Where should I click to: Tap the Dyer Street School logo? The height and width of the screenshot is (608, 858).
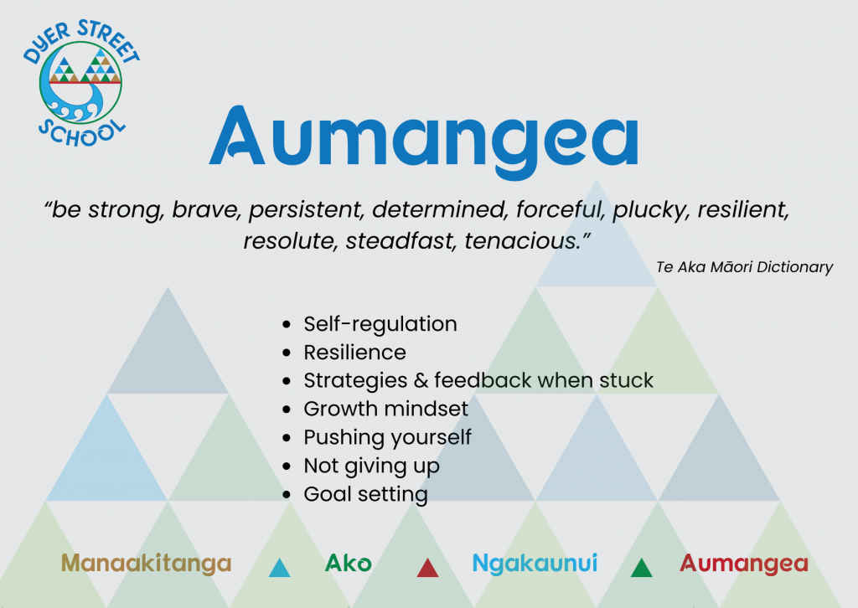pos(81,83)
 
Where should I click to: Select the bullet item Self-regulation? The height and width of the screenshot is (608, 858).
pos(380,324)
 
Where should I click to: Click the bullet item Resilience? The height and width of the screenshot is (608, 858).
pos(354,352)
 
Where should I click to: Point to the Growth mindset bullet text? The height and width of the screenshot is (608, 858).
pos(385,409)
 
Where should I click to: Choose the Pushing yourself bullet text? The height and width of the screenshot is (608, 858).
pos(387,437)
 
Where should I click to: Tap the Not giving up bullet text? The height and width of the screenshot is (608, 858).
pos(371,466)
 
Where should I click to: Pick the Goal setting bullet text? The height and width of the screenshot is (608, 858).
pos(365,494)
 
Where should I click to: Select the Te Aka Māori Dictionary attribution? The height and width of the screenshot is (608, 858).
pos(744,267)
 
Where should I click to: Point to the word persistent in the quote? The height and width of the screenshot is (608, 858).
pos(307,210)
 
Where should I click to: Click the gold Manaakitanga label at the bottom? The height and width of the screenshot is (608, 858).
pos(146,563)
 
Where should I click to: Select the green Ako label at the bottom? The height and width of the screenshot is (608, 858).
pos(348,563)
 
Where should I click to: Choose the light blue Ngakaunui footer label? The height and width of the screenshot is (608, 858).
pos(535,564)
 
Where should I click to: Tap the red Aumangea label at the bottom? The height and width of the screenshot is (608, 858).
pos(744,564)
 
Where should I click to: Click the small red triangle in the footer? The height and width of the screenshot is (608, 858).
pos(427,569)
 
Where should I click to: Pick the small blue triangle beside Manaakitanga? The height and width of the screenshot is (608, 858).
pos(280,569)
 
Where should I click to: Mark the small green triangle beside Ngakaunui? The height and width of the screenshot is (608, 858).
pos(641,569)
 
